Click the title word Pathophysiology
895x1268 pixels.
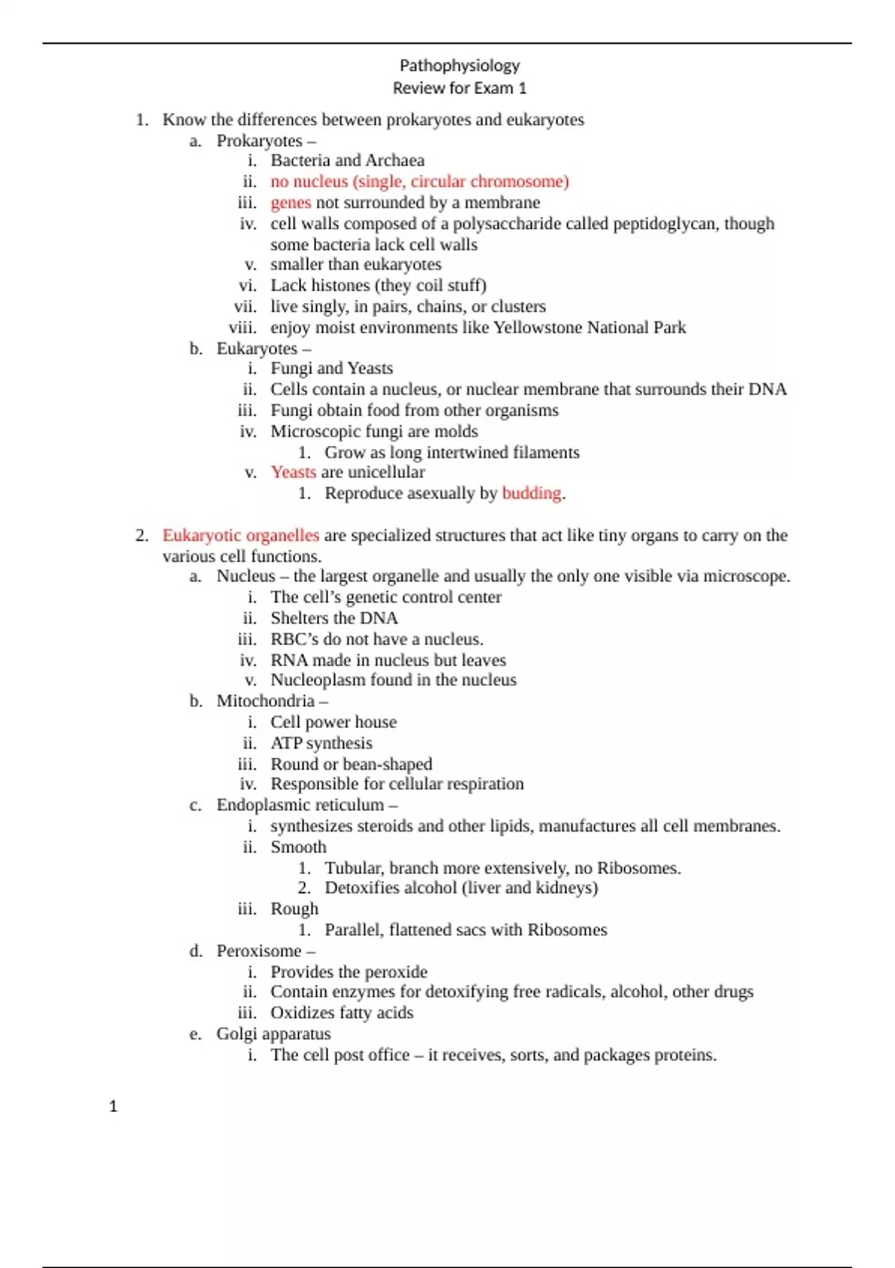click(x=459, y=66)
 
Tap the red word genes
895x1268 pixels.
click(x=290, y=202)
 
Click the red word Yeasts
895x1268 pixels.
click(x=293, y=472)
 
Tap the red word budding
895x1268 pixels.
click(x=531, y=493)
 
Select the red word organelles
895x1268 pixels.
click(x=283, y=536)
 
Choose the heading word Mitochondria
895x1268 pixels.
click(x=266, y=701)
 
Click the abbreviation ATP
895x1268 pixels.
click(x=286, y=743)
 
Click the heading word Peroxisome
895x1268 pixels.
click(x=258, y=951)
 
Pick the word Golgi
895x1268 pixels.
click(x=236, y=1034)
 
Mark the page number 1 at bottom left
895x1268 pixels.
click(x=113, y=1106)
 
